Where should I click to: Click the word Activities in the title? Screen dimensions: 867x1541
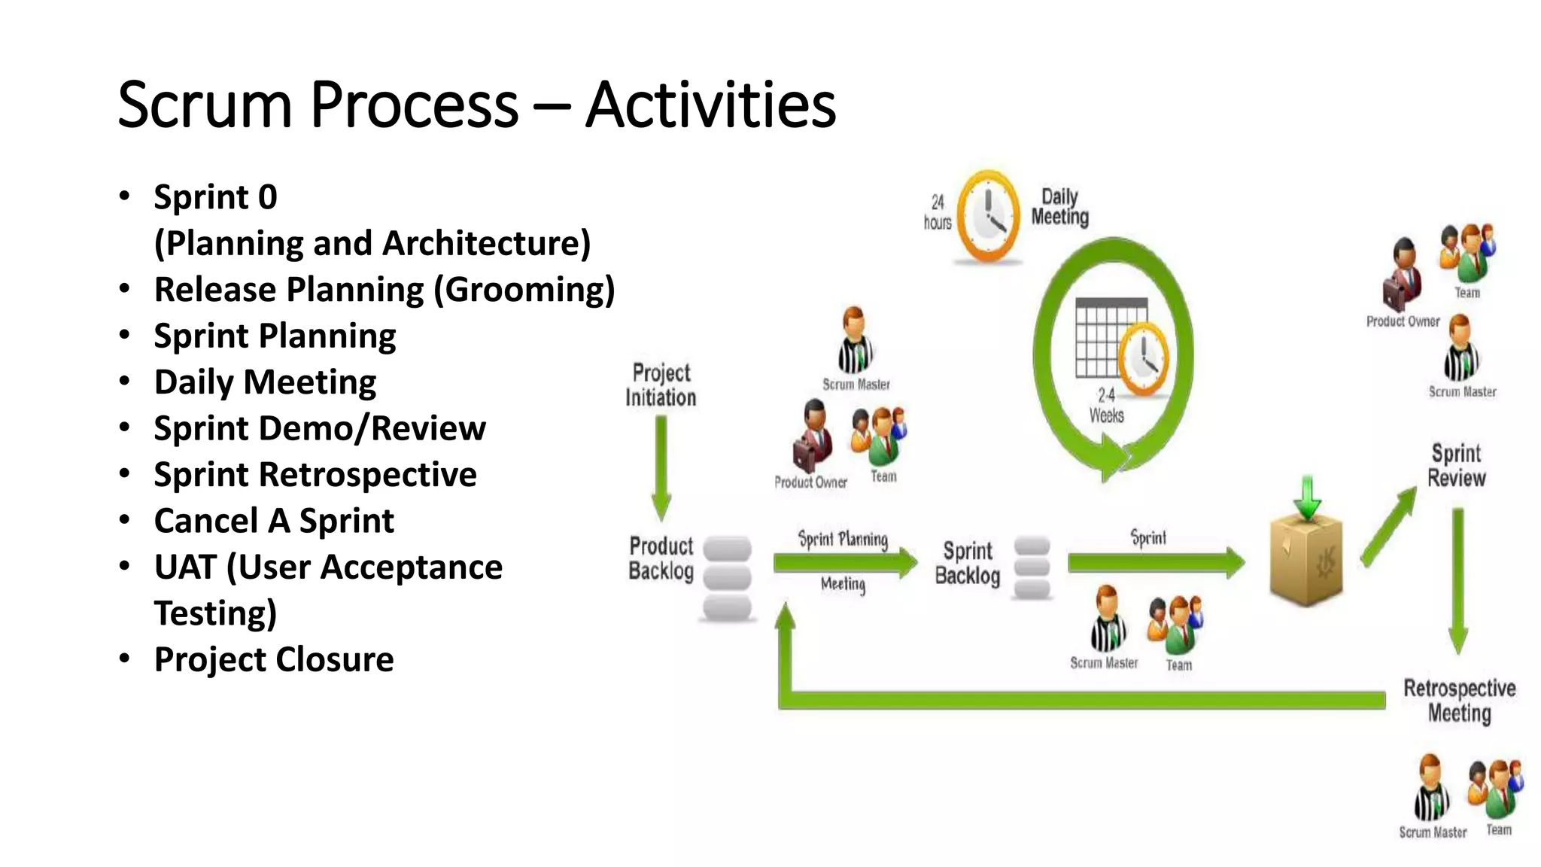710,105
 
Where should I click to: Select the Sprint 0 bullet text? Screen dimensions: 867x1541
215,197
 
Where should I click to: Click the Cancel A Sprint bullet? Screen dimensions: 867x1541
274,521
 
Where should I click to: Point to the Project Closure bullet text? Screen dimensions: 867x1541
274,659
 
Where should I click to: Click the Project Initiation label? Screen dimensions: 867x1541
661,385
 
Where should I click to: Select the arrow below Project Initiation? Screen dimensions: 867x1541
661,467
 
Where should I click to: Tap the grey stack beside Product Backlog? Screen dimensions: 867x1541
727,578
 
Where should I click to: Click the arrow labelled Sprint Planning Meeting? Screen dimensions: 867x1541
844,562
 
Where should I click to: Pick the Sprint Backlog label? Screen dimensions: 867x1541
968,563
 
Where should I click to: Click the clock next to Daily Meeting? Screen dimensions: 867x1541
988,217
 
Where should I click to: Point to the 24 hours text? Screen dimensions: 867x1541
938,212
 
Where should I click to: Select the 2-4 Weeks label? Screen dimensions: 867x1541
1106,406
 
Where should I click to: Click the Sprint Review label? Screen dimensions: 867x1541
1457,466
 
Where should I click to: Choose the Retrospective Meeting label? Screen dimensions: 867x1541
1460,701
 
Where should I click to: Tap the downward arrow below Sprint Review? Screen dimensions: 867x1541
1458,580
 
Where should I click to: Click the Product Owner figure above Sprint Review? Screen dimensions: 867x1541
1403,275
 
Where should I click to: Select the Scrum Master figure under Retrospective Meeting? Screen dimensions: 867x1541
1430,789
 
